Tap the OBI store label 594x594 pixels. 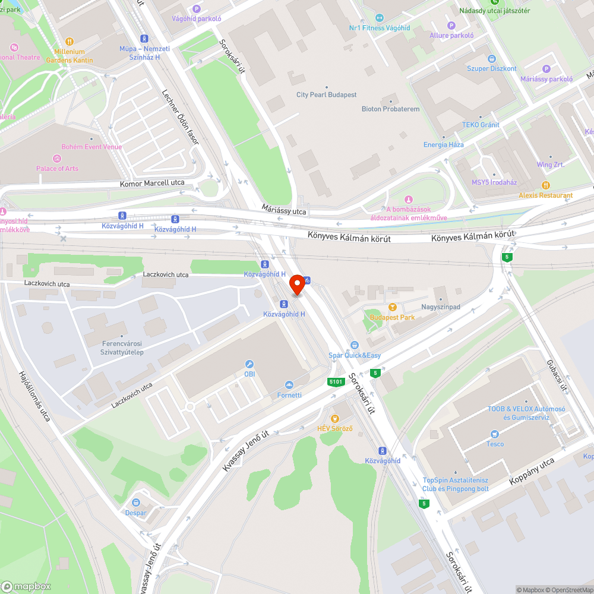[249, 374]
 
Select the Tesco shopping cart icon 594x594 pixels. [494, 434]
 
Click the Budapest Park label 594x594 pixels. [392, 317]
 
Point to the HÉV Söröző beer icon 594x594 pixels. [335, 419]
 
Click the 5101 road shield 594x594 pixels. [336, 382]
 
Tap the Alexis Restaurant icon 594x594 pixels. [545, 185]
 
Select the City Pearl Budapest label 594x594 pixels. [327, 95]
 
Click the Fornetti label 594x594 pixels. [289, 395]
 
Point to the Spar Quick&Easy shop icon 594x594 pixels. [355, 345]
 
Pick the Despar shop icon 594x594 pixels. [136, 503]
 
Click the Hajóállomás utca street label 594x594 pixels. [34, 396]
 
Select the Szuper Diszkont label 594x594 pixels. [492, 68]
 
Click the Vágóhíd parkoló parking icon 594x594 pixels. [197, 8]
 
